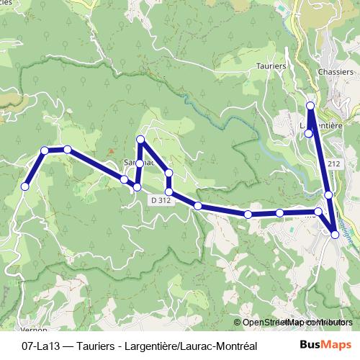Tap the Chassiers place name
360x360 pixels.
pos(336,72)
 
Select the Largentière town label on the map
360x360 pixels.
pos(320,124)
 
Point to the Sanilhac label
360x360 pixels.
pos(138,162)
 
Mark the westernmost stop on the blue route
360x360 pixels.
pos(24,186)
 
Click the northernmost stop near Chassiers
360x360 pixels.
pos(310,106)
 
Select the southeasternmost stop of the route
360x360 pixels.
pos(335,235)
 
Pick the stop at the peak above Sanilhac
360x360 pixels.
pos(140,138)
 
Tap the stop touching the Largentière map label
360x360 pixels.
pos(309,133)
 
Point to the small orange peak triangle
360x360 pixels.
pos(110,151)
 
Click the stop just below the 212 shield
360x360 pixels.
pos(328,194)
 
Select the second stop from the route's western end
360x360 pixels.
pos(45,150)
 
